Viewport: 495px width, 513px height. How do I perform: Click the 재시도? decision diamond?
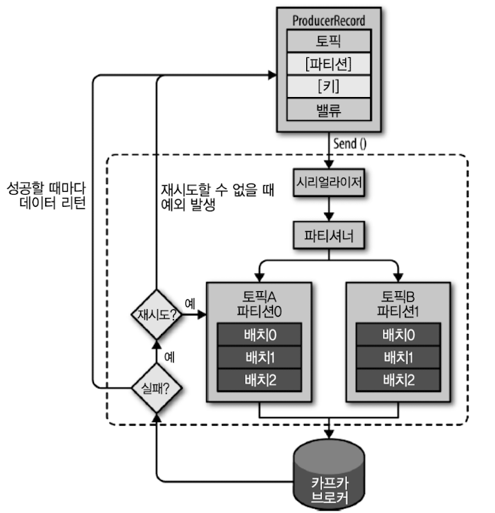156,314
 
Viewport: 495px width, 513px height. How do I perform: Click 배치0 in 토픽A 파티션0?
259,334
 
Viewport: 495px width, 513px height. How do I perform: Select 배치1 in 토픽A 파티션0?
259,357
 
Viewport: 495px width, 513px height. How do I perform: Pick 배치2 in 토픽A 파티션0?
259,381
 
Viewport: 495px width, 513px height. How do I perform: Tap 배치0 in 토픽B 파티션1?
398,334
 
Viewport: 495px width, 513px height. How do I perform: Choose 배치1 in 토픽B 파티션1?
398,357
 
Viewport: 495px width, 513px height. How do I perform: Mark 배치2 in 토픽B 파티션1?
398,381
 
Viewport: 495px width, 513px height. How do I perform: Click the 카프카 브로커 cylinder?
329,475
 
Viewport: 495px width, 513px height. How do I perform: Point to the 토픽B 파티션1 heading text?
398,302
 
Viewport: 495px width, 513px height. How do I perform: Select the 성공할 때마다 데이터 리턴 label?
47,193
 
